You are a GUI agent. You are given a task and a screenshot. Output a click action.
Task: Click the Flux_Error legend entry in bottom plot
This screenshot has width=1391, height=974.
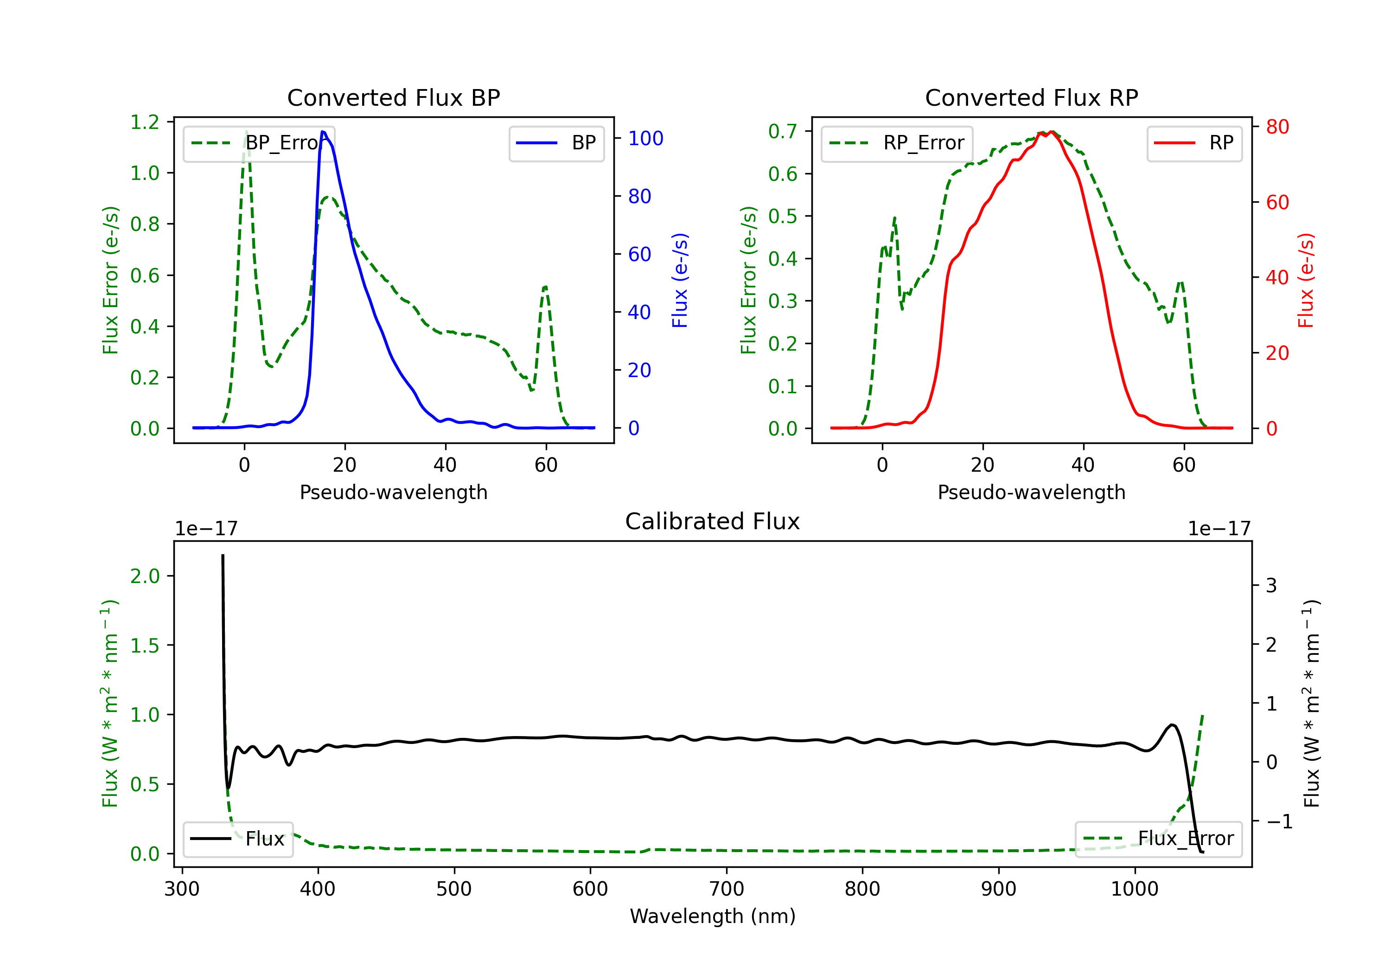coord(1158,839)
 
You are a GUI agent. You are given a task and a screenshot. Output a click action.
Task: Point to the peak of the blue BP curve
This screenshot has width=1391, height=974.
coord(323,132)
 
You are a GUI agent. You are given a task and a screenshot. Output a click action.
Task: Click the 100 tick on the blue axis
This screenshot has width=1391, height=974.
coord(645,139)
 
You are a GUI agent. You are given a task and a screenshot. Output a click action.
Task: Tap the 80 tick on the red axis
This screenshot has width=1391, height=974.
coord(1277,127)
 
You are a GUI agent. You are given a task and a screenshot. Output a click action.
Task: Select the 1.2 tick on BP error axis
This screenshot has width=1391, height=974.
coord(145,122)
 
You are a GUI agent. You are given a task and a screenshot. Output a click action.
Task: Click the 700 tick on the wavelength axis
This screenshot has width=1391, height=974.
coord(727,889)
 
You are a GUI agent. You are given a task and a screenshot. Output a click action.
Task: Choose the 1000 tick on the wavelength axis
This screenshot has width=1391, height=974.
coord(1134,889)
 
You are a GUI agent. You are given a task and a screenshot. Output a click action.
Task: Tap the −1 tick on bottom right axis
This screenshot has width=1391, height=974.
coord(1278,822)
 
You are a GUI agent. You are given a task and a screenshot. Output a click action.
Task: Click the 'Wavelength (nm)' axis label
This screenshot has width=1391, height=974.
coord(713,916)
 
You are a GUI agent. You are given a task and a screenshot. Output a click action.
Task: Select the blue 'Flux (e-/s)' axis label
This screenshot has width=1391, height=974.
coord(680,281)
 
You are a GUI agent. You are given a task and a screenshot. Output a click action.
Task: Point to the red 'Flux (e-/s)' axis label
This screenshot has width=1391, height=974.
coord(1306,281)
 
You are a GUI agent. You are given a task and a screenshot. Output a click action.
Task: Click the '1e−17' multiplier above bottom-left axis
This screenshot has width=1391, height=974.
coord(206,529)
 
